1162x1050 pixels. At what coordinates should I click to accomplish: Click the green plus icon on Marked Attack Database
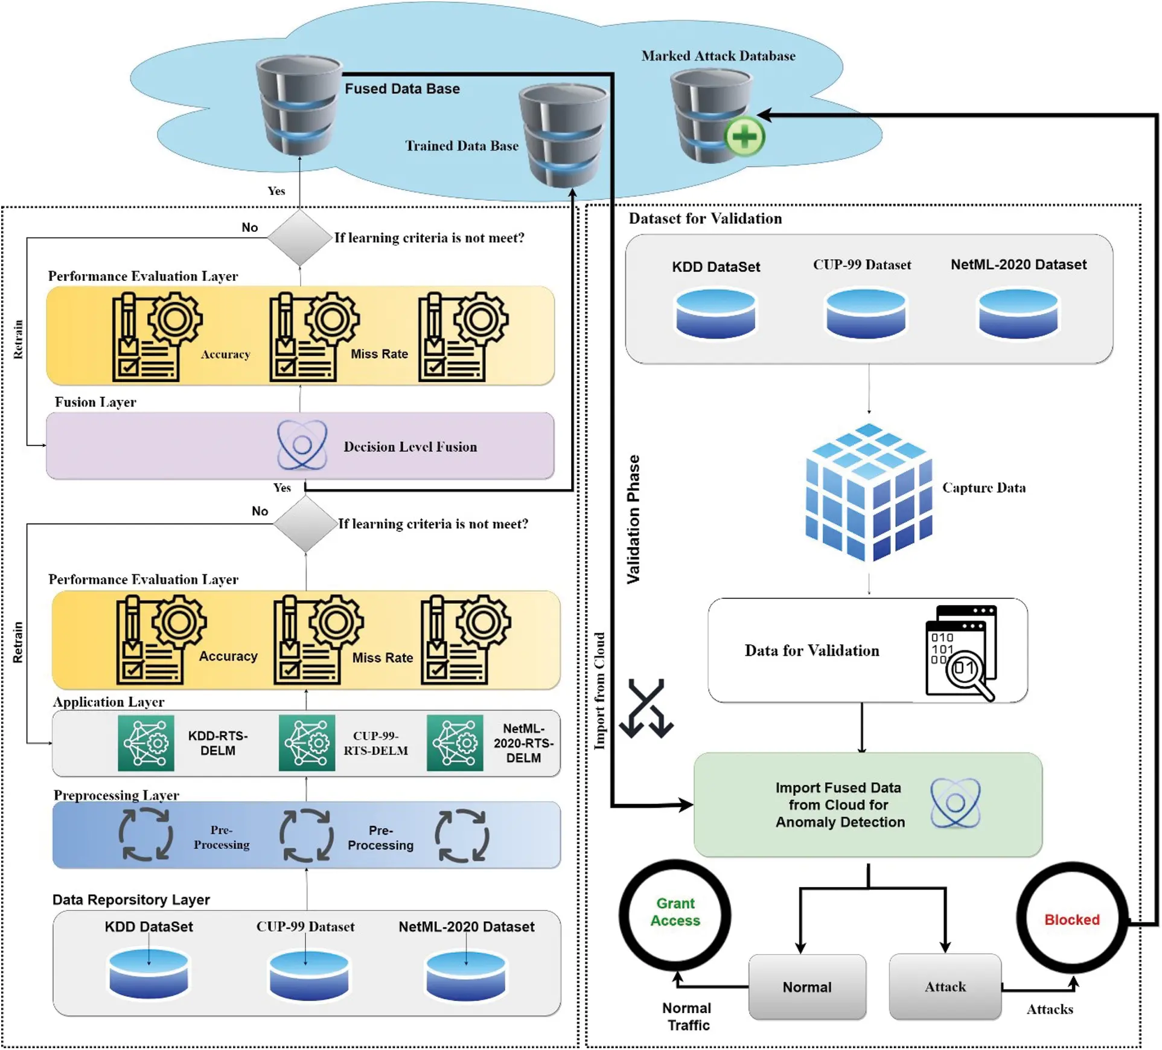(x=744, y=136)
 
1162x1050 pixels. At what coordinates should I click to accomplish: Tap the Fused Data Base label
(x=402, y=89)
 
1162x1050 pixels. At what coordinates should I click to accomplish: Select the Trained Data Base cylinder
(x=563, y=135)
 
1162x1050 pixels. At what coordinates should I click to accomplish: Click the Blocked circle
(x=1071, y=919)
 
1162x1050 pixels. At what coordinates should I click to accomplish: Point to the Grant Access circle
(x=675, y=912)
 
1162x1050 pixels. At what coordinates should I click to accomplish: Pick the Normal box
(x=807, y=987)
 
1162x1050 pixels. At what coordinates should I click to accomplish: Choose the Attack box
(x=945, y=987)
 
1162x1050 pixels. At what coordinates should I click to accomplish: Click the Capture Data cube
(x=869, y=492)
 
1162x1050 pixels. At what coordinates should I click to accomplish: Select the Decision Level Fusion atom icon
(x=302, y=446)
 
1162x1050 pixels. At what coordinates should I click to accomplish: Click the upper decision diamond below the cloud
(x=299, y=238)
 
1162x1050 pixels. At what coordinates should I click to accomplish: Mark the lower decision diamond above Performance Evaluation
(x=305, y=523)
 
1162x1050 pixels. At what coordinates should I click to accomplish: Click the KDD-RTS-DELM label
(x=218, y=743)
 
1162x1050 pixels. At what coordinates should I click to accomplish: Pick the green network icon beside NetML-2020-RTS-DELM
(x=455, y=743)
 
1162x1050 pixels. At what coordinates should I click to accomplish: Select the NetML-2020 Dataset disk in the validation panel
(x=1018, y=313)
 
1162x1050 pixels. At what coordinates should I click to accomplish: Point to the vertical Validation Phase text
(x=633, y=519)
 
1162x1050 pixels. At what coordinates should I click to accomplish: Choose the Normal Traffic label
(x=688, y=1016)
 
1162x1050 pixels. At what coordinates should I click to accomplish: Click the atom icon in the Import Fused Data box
(x=955, y=804)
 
